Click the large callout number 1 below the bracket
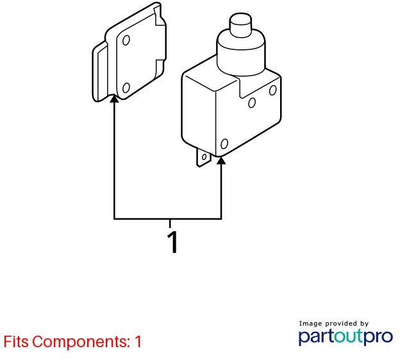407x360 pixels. pos(172,241)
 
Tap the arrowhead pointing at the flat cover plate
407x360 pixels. pos(114,99)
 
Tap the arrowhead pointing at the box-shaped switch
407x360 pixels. pos(221,160)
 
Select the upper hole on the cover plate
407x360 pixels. pos(126,40)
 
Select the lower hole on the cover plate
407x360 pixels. pos(126,88)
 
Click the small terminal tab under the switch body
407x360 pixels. pos(203,157)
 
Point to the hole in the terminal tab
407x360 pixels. pos(204,157)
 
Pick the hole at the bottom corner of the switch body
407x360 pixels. pos(224,143)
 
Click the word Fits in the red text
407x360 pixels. pos(16,341)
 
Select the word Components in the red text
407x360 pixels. pos(81,342)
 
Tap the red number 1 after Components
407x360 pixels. pos(138,341)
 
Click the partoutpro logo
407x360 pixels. pos(345,337)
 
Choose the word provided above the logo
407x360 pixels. pos(341,323)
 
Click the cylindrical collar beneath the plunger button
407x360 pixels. pos(241,52)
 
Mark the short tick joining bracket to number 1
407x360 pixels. pos(170,224)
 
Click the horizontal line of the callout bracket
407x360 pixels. pos(168,219)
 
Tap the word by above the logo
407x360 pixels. pos(364,323)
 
